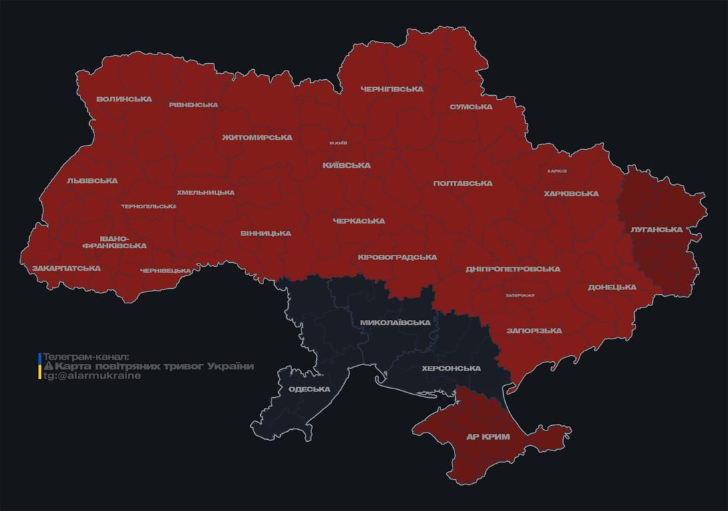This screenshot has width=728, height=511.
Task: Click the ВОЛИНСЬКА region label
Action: pos(124,99)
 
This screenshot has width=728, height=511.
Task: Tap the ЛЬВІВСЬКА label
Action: pos(92,181)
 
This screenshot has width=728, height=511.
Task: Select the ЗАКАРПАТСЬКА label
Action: pos(66,269)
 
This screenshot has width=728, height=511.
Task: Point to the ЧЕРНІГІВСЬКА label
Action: pos(392,89)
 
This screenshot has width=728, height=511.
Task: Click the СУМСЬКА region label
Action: pos(470,106)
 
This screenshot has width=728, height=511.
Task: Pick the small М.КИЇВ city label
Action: pos(338,143)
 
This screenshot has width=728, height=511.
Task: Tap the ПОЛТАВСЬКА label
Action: pos(462,183)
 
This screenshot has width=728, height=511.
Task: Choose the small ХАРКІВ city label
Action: pos(556,171)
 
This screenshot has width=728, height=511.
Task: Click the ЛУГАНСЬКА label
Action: pos(656,230)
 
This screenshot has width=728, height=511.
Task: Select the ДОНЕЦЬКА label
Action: pos(612,287)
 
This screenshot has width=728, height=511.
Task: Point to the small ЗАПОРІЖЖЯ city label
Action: pos(520,295)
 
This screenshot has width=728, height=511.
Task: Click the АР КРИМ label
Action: pos(488,437)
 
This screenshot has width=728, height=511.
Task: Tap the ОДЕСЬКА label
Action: pos(309,389)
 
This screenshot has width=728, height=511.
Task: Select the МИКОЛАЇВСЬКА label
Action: pos(395,323)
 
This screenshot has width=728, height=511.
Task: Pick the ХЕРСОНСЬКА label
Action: pos(451,368)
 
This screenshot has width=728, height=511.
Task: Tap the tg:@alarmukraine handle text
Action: pos(92,376)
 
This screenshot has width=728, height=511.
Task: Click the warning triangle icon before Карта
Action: pos(48,367)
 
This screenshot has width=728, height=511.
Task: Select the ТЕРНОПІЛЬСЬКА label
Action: pos(149,206)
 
